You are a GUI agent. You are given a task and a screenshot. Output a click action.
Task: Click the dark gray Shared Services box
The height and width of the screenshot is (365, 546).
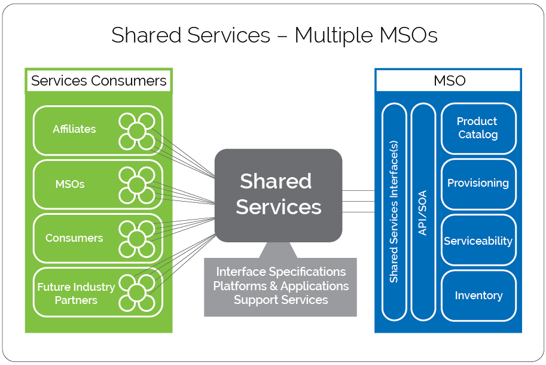278,196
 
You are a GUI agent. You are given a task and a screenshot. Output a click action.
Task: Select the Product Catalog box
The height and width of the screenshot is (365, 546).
478,128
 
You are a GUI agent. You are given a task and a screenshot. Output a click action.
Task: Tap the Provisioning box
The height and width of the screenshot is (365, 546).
478,184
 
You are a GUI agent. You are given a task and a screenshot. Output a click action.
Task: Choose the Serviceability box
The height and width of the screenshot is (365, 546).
478,240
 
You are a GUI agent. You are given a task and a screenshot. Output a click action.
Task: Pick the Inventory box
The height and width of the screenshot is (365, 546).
478,296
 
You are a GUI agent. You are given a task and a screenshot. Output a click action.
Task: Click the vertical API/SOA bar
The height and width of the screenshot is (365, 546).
423,212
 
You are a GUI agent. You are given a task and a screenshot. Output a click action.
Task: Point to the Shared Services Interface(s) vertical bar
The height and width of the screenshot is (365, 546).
394,212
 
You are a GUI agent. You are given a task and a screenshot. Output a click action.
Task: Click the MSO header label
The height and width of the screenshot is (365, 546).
449,80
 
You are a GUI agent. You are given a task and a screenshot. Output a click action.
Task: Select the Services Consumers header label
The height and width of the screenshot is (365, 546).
99,81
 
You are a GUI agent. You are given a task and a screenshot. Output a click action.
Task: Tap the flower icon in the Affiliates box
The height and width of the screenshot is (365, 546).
137,131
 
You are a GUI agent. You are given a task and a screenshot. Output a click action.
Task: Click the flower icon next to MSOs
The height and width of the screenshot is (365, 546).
137,185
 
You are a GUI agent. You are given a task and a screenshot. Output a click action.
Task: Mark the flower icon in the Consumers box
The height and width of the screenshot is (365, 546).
137,239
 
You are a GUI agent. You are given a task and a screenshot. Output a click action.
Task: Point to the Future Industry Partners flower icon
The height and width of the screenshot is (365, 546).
137,293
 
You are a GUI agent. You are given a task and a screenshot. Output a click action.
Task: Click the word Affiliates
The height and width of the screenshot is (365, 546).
74,129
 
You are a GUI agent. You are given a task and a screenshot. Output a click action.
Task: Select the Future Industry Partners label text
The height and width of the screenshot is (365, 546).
76,293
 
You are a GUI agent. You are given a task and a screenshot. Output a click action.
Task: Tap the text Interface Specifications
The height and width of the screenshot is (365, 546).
280,272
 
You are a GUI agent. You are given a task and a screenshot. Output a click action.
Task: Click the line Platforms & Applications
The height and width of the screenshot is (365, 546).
280,286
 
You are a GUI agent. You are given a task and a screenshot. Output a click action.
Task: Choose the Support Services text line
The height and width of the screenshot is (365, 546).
280,300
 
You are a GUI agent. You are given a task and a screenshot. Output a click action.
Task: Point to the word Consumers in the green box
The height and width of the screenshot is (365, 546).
74,238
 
